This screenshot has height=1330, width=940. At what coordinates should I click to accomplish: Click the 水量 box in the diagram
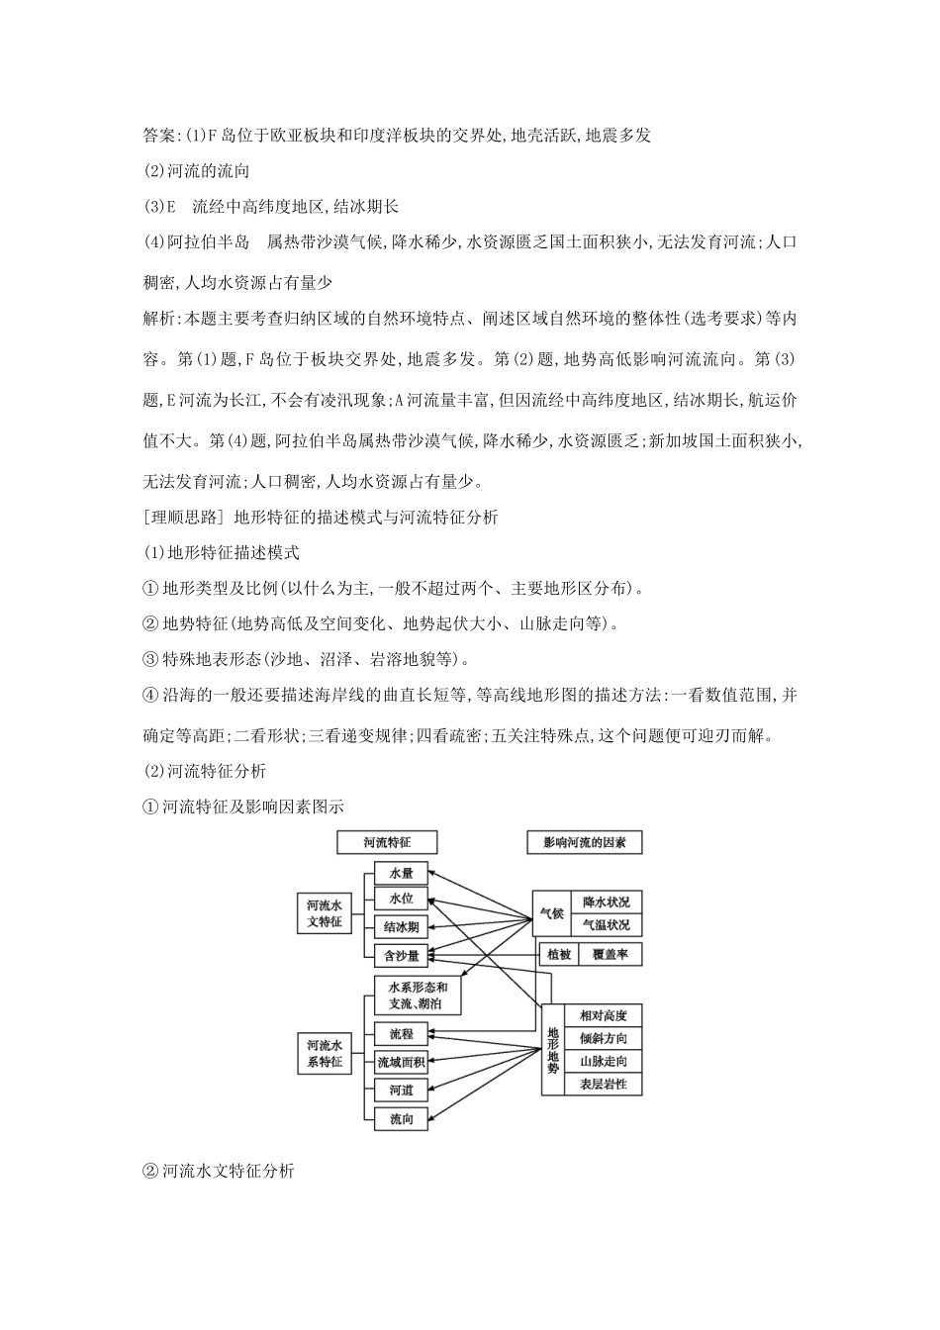click(402, 873)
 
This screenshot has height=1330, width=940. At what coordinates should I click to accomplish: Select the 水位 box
click(402, 900)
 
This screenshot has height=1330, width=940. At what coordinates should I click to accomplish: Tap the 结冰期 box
click(402, 927)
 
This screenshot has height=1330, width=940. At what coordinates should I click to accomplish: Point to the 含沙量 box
click(402, 955)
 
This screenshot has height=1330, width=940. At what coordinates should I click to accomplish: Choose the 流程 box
click(402, 1034)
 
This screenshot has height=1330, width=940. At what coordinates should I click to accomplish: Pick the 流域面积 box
click(402, 1062)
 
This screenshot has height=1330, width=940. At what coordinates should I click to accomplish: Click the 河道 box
click(402, 1091)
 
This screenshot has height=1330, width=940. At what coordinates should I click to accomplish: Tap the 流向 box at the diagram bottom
click(402, 1119)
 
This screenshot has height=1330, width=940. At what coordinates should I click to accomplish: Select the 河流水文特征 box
click(325, 913)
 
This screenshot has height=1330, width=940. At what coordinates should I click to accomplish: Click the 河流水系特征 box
click(325, 1053)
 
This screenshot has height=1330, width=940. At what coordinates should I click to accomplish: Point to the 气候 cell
click(551, 912)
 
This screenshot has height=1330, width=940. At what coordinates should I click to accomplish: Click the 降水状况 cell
click(606, 901)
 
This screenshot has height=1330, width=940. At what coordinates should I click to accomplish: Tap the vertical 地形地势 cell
click(553, 1049)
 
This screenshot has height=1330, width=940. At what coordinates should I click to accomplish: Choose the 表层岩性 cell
click(604, 1085)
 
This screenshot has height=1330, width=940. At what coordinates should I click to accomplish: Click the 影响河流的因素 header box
click(585, 843)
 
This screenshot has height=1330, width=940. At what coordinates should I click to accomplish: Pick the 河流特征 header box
click(387, 843)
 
